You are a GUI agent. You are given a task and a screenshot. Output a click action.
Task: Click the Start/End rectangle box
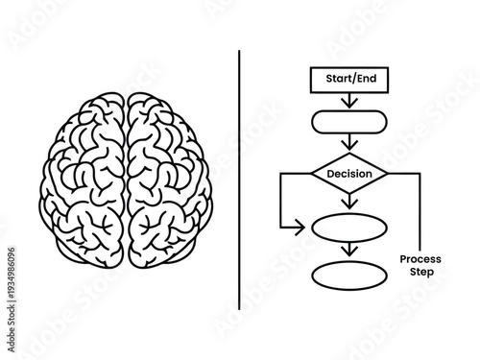(x=349, y=80)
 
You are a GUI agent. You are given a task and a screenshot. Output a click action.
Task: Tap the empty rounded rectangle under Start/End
(x=349, y=122)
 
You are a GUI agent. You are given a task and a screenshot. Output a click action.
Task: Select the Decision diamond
(x=349, y=175)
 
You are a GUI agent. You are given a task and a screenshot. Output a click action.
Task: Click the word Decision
(x=349, y=175)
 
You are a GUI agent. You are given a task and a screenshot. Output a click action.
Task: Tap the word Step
(x=420, y=273)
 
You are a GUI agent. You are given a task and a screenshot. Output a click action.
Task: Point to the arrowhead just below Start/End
(x=349, y=103)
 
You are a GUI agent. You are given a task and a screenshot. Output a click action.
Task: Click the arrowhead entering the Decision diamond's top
(x=349, y=147)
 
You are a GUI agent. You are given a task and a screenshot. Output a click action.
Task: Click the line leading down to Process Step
(x=420, y=211)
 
